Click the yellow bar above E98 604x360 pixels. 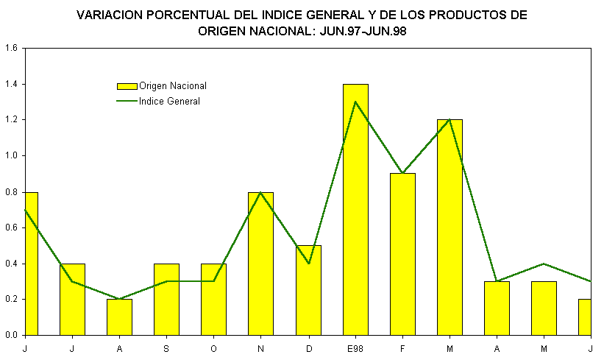355,210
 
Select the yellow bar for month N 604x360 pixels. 261,264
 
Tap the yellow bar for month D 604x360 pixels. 308,290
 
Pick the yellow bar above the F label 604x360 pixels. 402,254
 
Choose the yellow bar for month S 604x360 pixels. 167,299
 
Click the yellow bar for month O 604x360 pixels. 214,299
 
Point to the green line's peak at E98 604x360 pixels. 355,102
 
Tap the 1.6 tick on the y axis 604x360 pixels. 10,49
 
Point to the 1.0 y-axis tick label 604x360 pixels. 10,156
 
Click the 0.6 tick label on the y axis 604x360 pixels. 10,227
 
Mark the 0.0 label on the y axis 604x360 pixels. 10,335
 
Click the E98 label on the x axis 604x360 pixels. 355,347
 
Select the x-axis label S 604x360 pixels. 167,347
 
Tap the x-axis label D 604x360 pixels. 308,347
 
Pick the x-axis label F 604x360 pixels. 402,347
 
